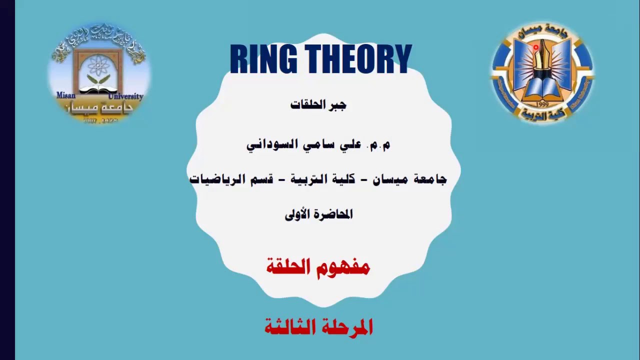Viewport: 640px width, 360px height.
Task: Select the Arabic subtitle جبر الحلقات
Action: point(318,105)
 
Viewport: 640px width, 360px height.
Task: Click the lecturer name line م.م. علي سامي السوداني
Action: point(318,144)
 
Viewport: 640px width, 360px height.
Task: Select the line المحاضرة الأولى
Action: point(318,214)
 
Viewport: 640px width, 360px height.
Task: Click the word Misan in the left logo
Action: point(65,95)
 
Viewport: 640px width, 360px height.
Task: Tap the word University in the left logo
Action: point(125,96)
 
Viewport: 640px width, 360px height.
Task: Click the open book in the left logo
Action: point(98,90)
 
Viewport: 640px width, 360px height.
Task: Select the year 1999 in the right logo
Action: point(542,104)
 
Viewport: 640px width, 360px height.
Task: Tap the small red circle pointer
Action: point(536,48)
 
